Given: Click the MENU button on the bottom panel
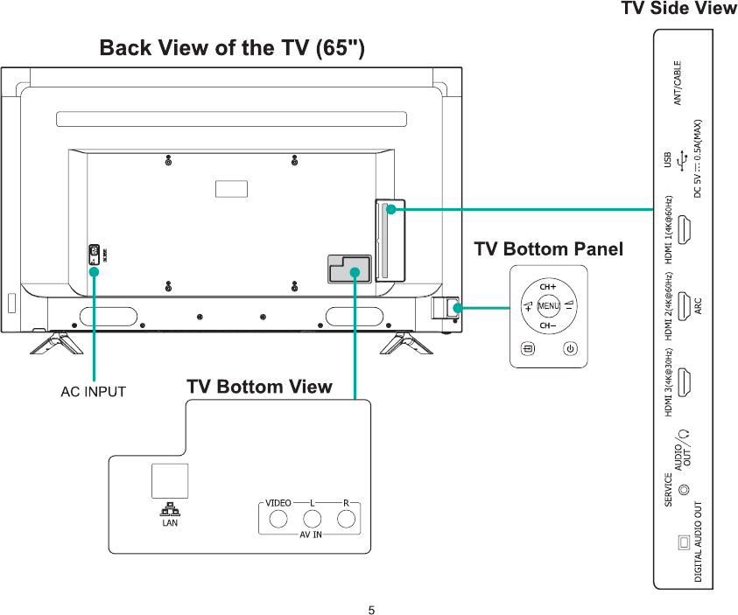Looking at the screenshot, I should (x=549, y=305).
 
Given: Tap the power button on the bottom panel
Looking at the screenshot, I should (x=570, y=349).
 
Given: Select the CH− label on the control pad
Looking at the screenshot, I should (x=548, y=326).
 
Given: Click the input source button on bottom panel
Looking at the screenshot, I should (x=527, y=349).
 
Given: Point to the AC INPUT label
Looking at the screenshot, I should (x=93, y=392).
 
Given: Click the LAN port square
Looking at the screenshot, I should (x=170, y=480).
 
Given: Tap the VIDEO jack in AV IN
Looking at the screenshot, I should (x=278, y=519).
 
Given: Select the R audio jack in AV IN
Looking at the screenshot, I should (x=348, y=519).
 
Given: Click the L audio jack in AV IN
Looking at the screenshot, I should (x=313, y=519).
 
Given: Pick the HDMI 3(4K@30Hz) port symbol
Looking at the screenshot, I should (x=687, y=382).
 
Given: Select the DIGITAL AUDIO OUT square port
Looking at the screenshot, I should (x=685, y=542).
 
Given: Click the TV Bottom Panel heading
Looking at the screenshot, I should (x=548, y=249).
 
